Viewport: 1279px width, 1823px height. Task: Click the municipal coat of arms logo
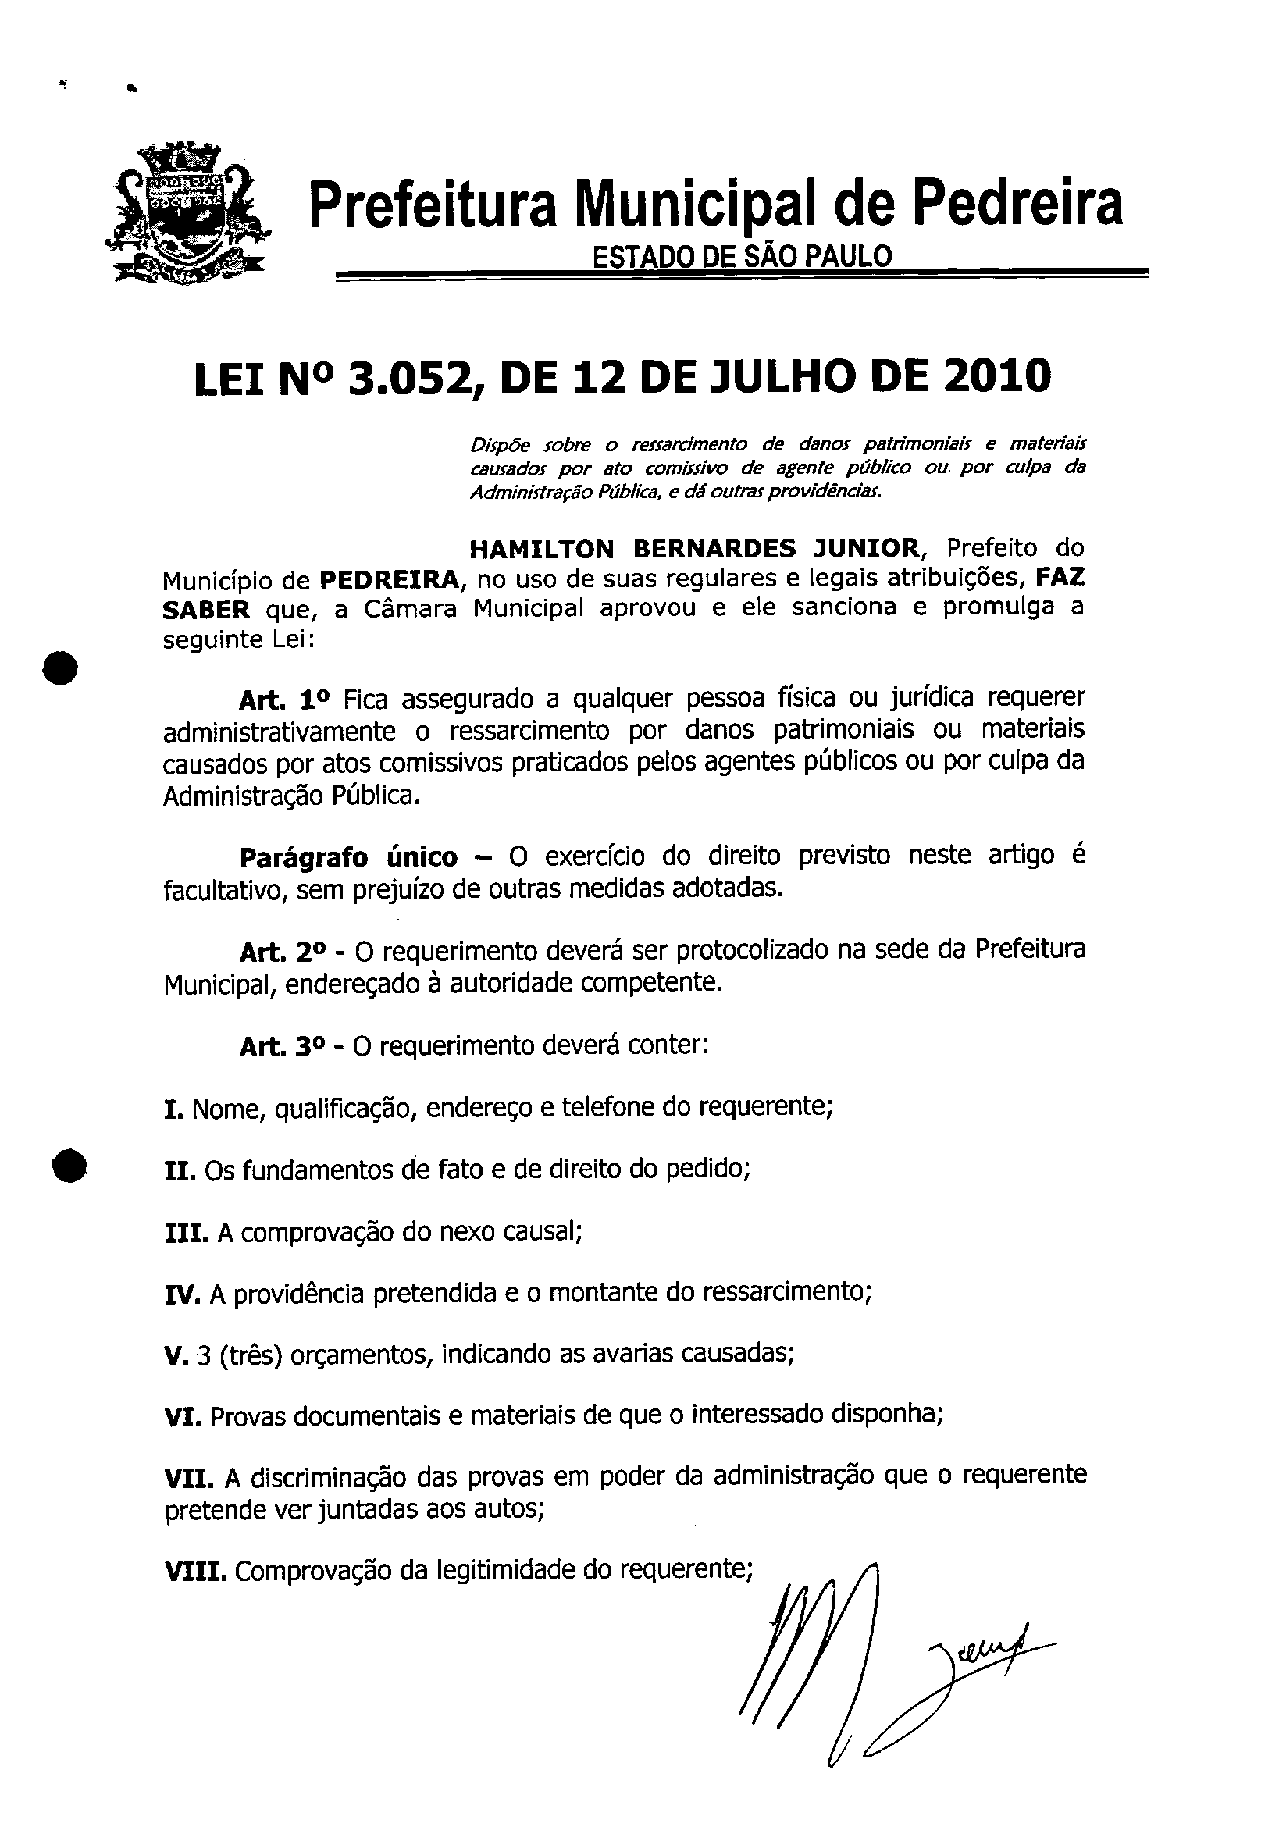[x=187, y=213]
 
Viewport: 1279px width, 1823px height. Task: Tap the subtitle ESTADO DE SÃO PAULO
[x=743, y=256]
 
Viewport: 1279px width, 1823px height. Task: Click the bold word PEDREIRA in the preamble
[x=389, y=580]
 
